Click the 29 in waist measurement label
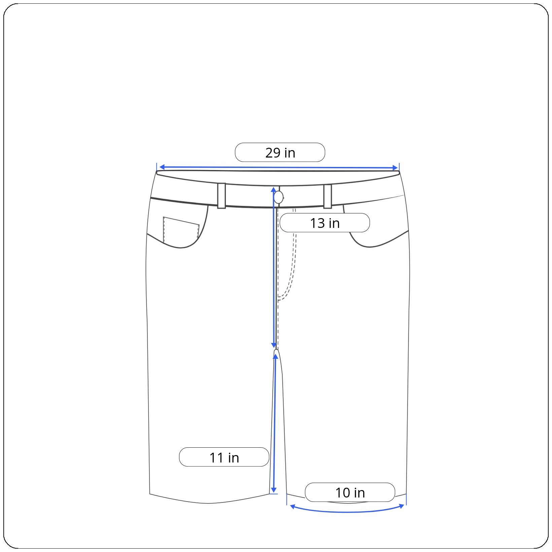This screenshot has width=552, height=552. click(280, 152)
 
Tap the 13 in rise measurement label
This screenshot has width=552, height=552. click(324, 223)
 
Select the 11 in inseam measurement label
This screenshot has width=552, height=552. click(224, 457)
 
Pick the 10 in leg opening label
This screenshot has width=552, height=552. click(350, 492)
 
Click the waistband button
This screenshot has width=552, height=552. click(278, 197)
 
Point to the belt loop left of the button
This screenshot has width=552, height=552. click(221, 196)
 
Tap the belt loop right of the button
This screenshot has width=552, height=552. click(327, 196)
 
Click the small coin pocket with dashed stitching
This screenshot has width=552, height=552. click(181, 230)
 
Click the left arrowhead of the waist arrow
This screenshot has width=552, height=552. click(162, 167)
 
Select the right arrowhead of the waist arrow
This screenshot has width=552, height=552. click(395, 168)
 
